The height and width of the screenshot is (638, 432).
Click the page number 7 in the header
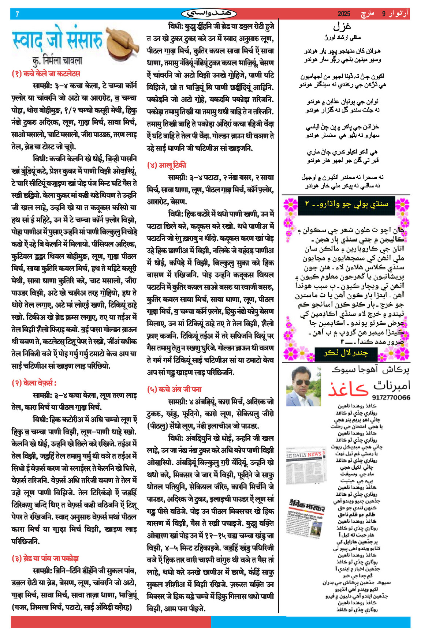pyautogui.click(x=17, y=14)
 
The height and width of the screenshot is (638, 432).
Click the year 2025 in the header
pyautogui.click(x=344, y=14)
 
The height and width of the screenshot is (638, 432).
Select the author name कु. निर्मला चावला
pyautogui.click(x=57, y=60)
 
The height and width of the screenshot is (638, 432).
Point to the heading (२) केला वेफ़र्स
pyautogui.click(x=34, y=383)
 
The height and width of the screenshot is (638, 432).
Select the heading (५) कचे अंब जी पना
pyautogui.click(x=174, y=389)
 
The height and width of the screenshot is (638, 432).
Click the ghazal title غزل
pyautogui.click(x=342, y=26)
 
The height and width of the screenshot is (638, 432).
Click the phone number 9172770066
pyautogui.click(x=391, y=398)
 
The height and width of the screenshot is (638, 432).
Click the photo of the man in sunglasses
pyautogui.click(x=303, y=386)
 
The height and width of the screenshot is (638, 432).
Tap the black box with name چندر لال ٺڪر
pyautogui.click(x=346, y=353)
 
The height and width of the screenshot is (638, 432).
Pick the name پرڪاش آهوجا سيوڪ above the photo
pyautogui.click(x=370, y=370)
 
